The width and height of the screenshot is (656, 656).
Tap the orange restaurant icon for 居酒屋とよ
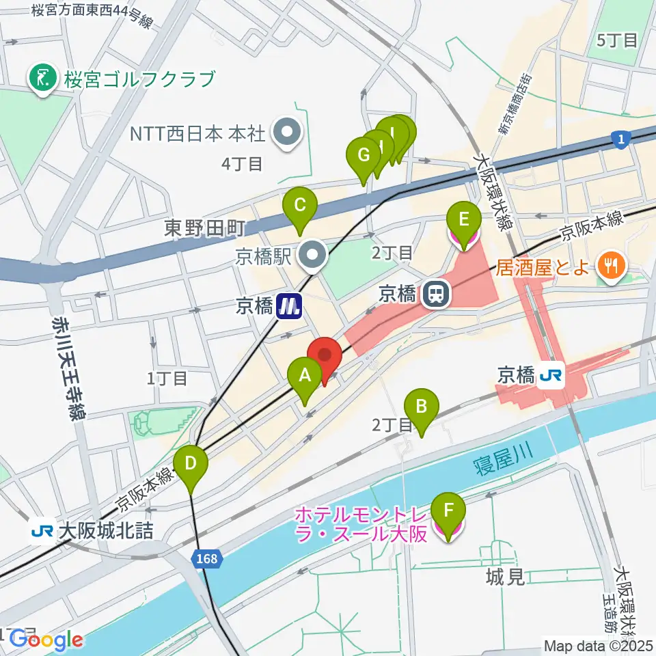pyautogui.click(x=608, y=263)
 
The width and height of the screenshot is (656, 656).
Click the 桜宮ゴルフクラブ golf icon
pyautogui.click(x=43, y=79)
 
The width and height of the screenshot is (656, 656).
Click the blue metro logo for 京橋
pyautogui.click(x=290, y=305)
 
